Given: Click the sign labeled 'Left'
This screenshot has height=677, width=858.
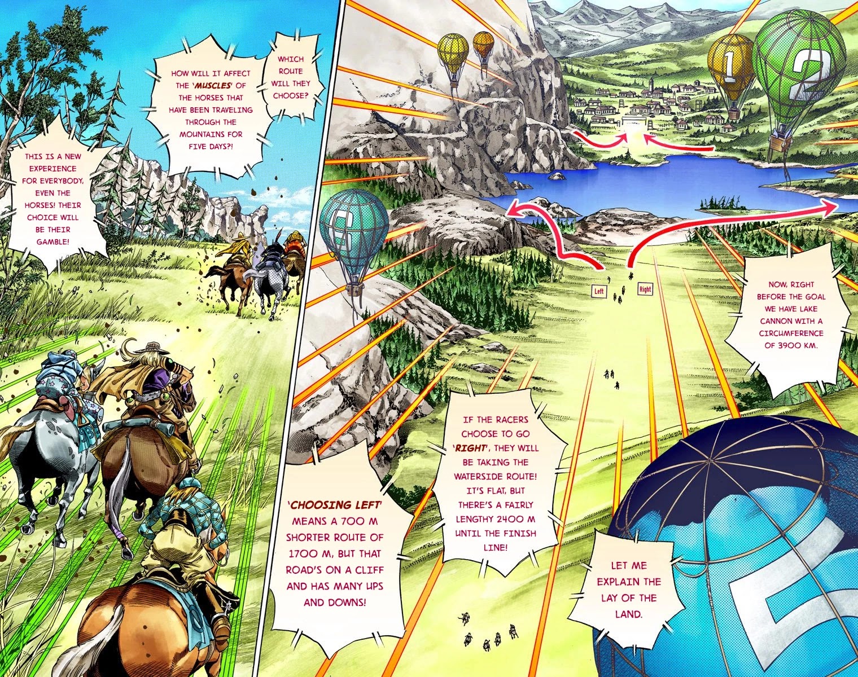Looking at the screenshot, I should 599,291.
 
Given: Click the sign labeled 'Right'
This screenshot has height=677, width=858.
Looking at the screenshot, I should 645,289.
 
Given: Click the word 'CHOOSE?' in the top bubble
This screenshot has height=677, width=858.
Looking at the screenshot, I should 291,95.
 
